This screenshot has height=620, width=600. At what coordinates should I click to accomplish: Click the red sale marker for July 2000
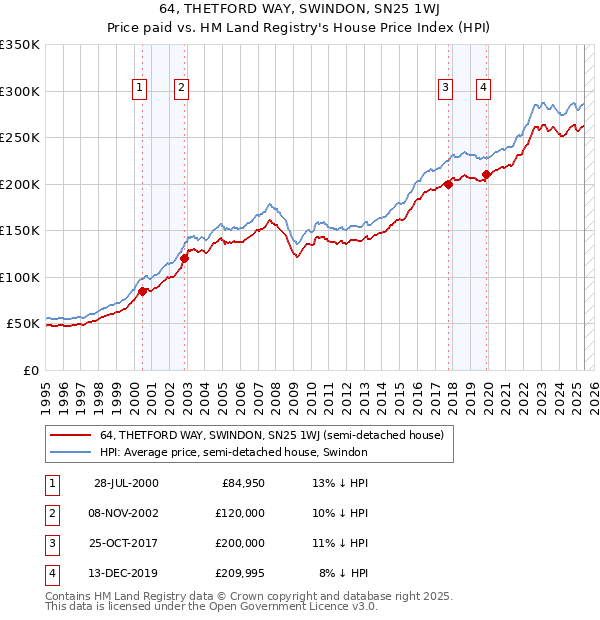143,291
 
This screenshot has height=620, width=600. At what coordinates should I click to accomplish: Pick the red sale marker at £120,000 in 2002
185,258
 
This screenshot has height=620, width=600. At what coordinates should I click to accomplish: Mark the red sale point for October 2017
449,184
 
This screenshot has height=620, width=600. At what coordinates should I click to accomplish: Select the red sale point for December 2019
487,175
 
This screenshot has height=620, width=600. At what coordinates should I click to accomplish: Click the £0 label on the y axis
30,370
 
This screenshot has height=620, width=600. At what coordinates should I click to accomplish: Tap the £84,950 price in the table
243,484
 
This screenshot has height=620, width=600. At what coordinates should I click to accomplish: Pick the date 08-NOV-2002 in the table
126,513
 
